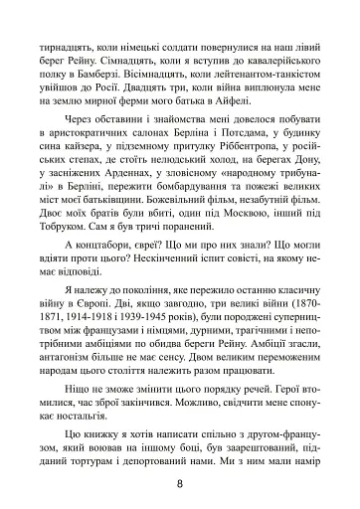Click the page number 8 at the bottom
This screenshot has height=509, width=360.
point(180,484)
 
